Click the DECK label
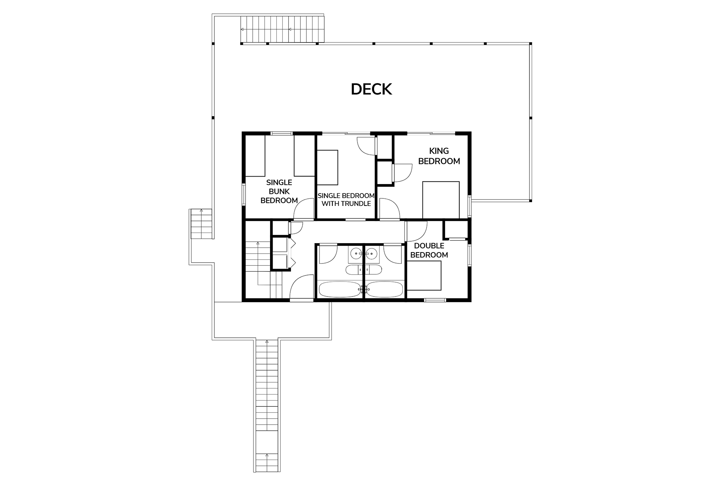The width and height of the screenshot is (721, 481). click(x=371, y=89)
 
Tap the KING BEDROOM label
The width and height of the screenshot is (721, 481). click(x=439, y=156)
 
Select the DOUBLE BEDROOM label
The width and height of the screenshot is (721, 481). click(x=429, y=250)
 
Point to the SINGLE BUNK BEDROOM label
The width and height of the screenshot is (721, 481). click(x=279, y=191)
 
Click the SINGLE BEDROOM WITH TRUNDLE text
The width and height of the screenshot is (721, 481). click(x=346, y=200)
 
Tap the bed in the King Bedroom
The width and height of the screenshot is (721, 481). click(x=441, y=200)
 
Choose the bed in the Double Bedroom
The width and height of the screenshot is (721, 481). click(x=424, y=276)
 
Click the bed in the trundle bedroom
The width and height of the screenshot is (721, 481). click(x=328, y=167)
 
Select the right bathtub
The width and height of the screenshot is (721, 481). click(x=385, y=289)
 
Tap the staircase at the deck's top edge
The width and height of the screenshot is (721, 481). click(x=282, y=29)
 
